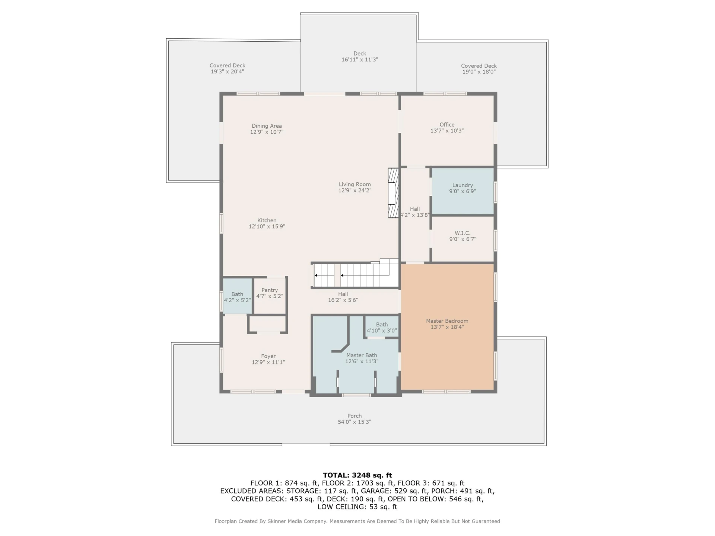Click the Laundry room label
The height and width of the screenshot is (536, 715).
click(463, 185)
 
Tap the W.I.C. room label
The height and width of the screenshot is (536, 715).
click(463, 233)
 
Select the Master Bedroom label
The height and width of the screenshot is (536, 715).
click(447, 321)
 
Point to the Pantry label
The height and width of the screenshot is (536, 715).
click(270, 290)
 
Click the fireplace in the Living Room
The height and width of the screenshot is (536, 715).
click(393, 193)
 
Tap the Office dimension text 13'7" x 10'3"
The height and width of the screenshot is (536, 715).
click(447, 131)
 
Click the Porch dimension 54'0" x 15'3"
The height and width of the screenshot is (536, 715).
click(354, 422)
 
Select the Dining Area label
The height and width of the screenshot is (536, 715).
click(267, 126)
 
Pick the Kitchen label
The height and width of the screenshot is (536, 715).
click(267, 220)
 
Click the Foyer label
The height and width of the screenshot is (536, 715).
click(268, 356)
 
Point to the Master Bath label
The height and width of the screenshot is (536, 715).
click(362, 355)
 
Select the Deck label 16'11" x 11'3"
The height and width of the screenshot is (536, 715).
click(360, 57)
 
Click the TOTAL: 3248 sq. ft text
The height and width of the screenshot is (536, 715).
click(357, 475)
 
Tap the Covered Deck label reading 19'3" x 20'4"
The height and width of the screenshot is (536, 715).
click(228, 68)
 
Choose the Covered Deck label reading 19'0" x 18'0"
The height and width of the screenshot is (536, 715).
click(479, 69)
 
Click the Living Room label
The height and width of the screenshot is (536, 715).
click(355, 184)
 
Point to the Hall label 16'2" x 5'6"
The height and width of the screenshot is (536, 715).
click(343, 297)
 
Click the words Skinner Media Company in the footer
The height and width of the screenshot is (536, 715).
click(296, 521)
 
